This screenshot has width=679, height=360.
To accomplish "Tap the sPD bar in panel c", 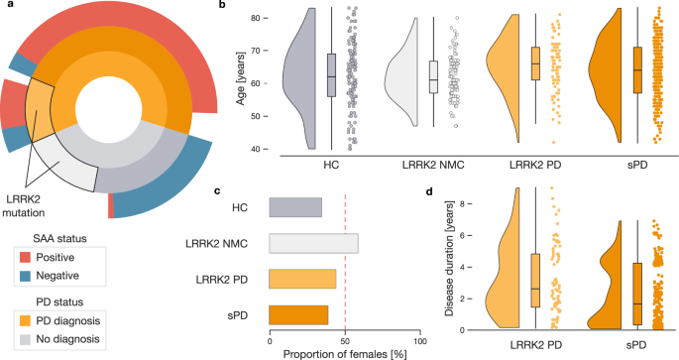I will coord(298,314).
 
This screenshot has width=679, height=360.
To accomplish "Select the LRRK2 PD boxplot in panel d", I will coord(535,280).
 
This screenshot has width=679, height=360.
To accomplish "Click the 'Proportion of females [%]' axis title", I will coord(344,353).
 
